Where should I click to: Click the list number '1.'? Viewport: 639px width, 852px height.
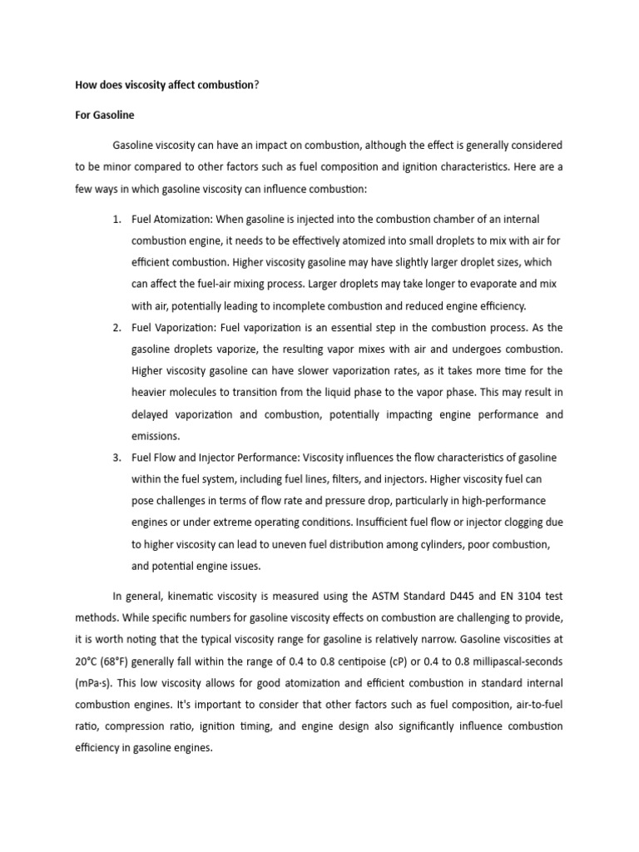(117, 220)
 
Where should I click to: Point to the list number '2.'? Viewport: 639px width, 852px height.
(117, 328)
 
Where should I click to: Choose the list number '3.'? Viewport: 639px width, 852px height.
(117, 458)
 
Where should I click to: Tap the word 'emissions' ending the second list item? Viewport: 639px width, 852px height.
(157, 436)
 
